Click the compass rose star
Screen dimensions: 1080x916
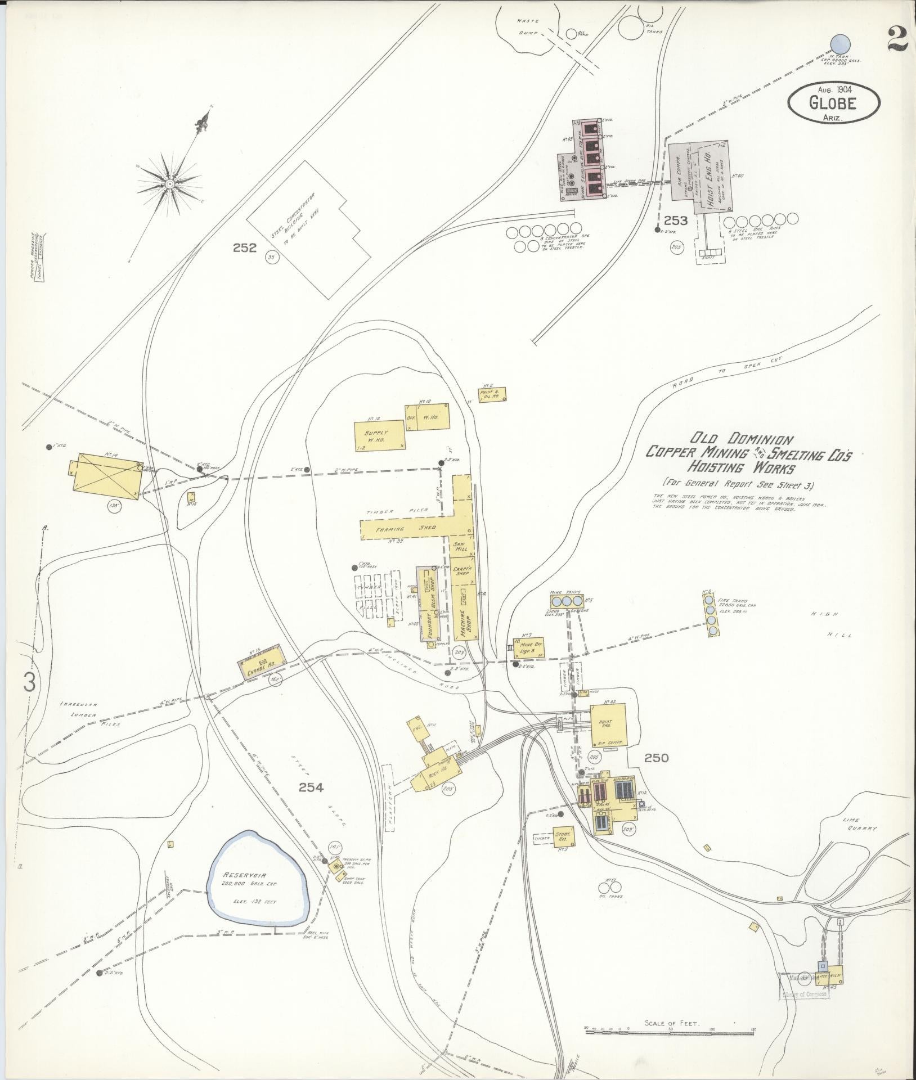pyautogui.click(x=169, y=183)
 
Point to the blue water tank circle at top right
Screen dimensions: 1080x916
pyautogui.click(x=840, y=43)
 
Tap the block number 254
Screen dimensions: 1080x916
pyautogui.click(x=311, y=787)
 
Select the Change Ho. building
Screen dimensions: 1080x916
pyautogui.click(x=259, y=661)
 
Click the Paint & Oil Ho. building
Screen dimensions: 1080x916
pyautogui.click(x=492, y=394)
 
